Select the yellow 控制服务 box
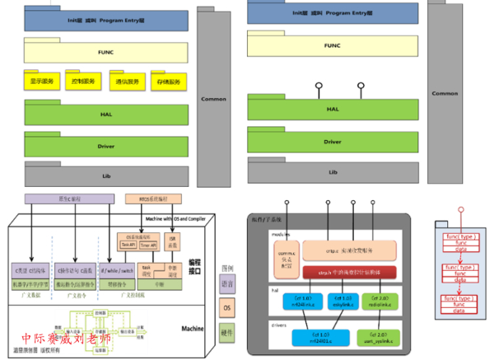tap(86, 82)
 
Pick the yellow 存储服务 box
tap(168, 82)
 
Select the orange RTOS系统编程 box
tap(151, 199)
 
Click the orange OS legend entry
tap(227, 307)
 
